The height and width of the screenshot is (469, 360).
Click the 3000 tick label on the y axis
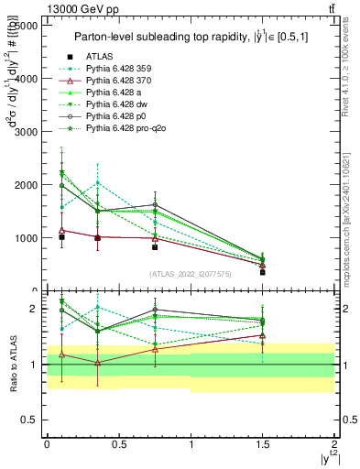pos(26,132)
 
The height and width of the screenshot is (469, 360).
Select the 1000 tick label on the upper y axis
pos(26,238)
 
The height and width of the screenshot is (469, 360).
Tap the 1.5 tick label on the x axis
pos(263,443)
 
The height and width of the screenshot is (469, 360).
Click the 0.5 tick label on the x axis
pos(118,443)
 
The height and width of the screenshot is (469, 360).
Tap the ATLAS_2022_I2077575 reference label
pos(191,274)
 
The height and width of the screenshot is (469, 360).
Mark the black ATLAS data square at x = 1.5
pos(263,272)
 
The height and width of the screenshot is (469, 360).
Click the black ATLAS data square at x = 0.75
pos(155,247)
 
